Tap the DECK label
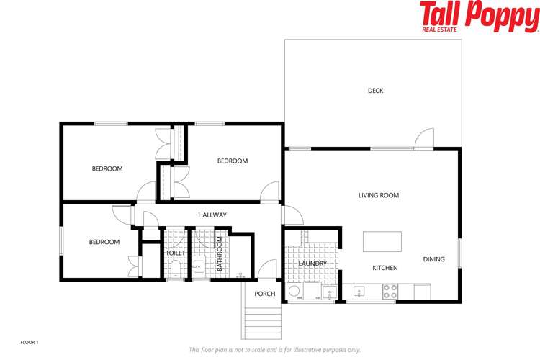375,91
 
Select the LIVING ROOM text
379,195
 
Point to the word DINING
433,259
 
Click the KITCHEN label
384,268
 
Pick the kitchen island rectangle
381,240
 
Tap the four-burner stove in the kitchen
390,292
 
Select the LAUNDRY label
312,264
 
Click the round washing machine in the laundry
294,292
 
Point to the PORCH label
265,294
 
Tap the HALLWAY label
212,215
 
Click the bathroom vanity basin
199,267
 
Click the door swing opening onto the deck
425,138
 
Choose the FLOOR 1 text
29,341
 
